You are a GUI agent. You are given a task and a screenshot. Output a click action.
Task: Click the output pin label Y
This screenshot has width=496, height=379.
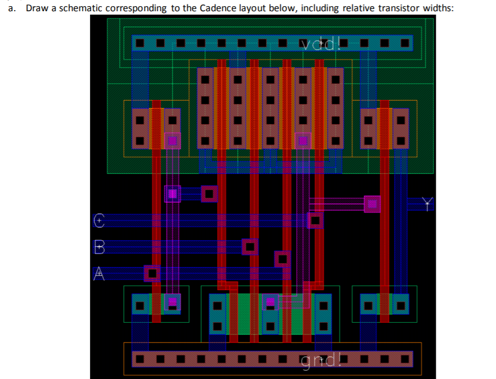429,204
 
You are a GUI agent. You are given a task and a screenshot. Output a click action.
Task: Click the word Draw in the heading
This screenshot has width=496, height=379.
36,8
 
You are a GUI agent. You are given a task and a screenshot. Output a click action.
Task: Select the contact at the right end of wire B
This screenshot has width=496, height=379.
250,246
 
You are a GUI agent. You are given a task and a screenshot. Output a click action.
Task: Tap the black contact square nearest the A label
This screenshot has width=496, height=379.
152,274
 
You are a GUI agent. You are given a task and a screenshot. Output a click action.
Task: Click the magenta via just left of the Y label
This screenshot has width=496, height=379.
372,204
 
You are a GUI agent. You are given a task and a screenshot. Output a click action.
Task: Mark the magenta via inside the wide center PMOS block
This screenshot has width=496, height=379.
303,141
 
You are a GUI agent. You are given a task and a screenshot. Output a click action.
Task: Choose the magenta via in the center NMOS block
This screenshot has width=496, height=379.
270,302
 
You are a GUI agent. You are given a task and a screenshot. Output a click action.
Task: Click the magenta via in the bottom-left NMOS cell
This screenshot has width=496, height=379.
172,302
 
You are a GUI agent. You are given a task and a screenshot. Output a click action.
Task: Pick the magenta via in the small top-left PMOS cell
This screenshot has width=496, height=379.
172,141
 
